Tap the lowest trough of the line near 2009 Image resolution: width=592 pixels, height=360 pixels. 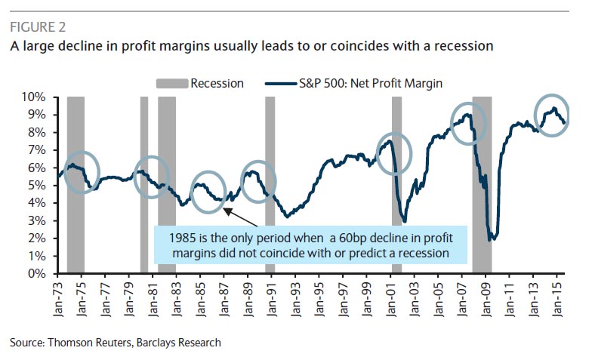click(x=491, y=238)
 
